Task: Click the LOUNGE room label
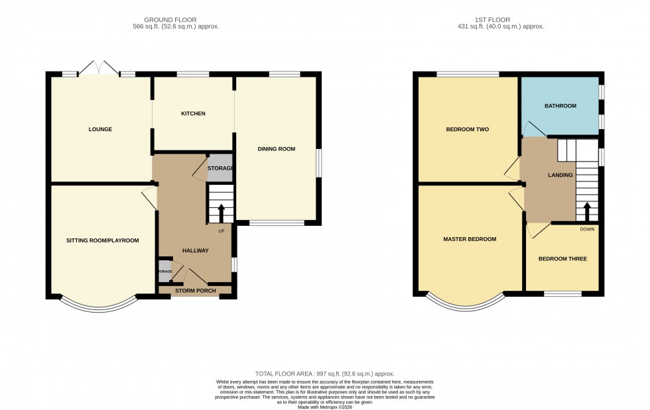(100, 129)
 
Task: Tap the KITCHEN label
(193, 114)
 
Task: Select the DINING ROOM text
(276, 149)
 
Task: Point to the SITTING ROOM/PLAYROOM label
(102, 240)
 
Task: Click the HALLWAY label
(195, 250)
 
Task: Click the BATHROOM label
(560, 106)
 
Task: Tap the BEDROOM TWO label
(467, 129)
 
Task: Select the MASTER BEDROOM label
(470, 239)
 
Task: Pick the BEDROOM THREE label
(562, 258)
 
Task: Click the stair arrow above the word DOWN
(586, 213)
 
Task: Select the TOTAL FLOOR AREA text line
(324, 374)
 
